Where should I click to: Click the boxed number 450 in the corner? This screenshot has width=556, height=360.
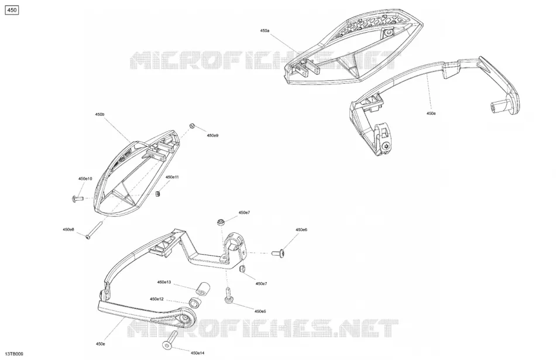(x=12, y=11)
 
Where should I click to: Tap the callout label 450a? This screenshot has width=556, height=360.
(x=265, y=31)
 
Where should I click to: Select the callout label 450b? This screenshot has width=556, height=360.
(x=99, y=115)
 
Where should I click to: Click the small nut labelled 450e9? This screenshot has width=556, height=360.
(x=192, y=126)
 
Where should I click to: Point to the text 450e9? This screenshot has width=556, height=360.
(x=212, y=135)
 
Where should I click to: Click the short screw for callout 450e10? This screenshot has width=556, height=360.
(x=77, y=198)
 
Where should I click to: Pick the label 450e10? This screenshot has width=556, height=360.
(x=85, y=179)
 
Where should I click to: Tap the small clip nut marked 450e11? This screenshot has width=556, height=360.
(x=158, y=194)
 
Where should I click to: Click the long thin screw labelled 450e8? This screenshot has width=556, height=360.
(x=93, y=230)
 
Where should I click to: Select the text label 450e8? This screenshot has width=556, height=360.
(x=68, y=230)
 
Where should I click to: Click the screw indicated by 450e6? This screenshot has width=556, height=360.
(x=277, y=253)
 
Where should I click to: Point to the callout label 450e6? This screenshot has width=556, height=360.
(x=301, y=230)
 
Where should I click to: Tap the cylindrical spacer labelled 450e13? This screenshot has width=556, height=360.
(x=203, y=289)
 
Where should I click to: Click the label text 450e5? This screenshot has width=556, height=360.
(x=260, y=311)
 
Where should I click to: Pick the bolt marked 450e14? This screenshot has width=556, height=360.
(x=170, y=340)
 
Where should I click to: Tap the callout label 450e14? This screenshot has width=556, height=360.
(x=197, y=353)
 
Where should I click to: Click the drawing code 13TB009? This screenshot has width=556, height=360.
(x=14, y=354)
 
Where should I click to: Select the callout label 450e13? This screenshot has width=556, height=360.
(x=164, y=282)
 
